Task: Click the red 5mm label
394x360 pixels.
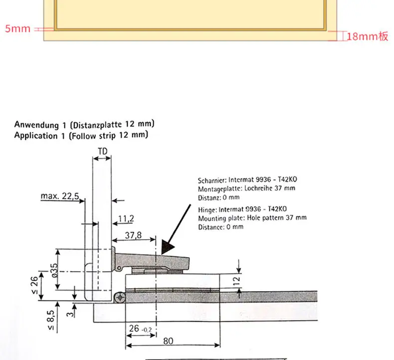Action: pos(17,28)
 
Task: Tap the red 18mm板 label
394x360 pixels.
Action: pos(368,36)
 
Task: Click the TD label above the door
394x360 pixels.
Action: pos(103,151)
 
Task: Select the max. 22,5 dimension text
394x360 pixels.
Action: pos(60,196)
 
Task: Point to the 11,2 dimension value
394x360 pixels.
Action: pos(126,219)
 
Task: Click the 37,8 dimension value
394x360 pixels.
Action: pos(133,235)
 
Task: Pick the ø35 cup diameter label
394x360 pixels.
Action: pos(54,270)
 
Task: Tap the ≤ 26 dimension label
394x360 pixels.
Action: pos(34,285)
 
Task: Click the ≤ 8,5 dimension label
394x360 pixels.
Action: pos(50,320)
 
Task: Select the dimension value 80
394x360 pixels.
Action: pos(168,341)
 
